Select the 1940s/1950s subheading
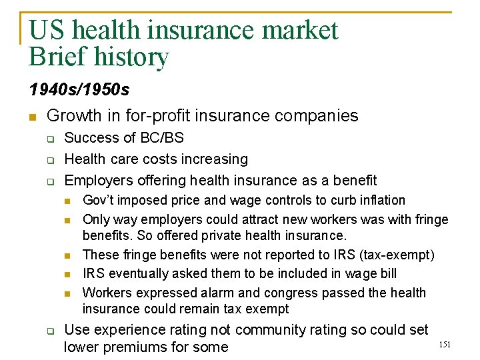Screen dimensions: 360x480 tap(79, 89)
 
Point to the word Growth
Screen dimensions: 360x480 tap(74, 116)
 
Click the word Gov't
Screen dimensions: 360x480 tap(97, 200)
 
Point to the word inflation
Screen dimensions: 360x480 tap(381, 200)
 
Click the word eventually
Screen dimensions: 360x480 tap(137, 273)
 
